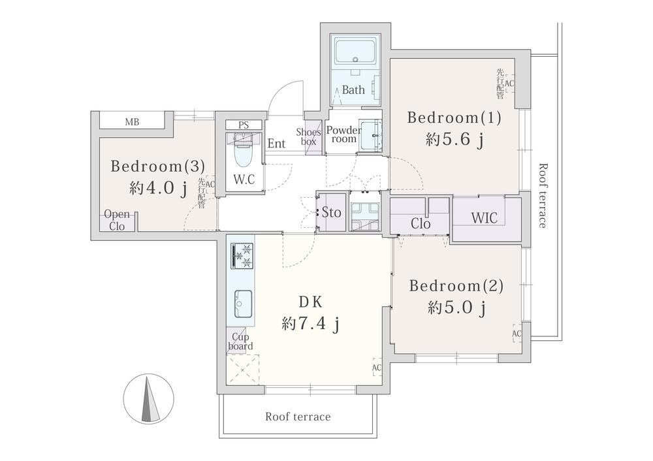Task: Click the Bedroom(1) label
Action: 454,118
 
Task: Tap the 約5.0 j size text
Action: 456,308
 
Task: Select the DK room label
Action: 311,302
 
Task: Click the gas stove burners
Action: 242,256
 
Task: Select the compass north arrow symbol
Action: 149,399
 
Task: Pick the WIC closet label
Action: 485,217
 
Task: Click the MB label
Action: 132,122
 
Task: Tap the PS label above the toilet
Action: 244,125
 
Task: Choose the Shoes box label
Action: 309,136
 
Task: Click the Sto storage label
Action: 331,212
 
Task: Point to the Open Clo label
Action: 117,220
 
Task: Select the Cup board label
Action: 240,342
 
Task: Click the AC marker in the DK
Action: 377,368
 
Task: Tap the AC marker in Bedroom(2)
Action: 517,334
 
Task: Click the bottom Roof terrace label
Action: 298,417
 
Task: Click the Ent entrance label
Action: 276,144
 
